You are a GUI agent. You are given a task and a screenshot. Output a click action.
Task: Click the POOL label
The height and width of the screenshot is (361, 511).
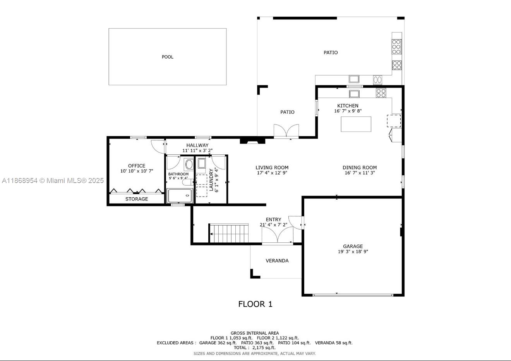[x=167, y=57]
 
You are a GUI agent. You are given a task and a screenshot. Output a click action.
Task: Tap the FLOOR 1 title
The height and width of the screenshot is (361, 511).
[x=255, y=304]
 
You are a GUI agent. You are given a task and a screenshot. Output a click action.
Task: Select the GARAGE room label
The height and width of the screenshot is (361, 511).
[x=353, y=246]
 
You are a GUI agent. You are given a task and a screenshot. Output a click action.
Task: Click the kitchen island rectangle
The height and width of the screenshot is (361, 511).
[x=356, y=124]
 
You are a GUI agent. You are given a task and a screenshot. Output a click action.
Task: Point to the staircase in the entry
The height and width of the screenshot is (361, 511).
[x=229, y=233]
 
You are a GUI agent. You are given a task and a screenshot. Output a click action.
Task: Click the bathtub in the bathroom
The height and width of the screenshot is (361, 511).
[x=180, y=196]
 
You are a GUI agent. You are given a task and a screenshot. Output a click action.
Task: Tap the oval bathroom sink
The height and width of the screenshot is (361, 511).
[x=189, y=164]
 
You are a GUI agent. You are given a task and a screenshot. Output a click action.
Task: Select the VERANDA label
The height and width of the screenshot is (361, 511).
[x=277, y=261]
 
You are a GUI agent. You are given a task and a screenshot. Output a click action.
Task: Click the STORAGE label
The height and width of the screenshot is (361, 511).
[x=136, y=199]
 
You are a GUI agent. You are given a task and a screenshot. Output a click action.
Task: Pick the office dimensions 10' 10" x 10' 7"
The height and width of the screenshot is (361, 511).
[x=137, y=171]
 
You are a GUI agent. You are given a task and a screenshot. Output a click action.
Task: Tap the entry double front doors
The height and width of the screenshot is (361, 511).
[x=278, y=235]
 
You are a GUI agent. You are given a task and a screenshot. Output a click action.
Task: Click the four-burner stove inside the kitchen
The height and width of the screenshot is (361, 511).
[x=381, y=93]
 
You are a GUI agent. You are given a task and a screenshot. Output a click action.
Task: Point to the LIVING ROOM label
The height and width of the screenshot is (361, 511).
[x=272, y=168]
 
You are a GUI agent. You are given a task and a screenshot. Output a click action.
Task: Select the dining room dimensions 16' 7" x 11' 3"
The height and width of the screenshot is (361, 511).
[x=360, y=173]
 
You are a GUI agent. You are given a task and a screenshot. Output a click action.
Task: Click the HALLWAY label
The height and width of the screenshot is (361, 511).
[x=197, y=145]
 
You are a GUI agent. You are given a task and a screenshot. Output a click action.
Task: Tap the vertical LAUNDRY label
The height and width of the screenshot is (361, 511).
[x=211, y=180]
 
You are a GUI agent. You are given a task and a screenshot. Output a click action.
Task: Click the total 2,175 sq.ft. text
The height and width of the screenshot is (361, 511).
[x=255, y=348]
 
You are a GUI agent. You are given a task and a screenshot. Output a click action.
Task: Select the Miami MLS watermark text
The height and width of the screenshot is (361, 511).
[x=53, y=180]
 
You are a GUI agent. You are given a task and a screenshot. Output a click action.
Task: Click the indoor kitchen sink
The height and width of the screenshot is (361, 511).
[x=354, y=93]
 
